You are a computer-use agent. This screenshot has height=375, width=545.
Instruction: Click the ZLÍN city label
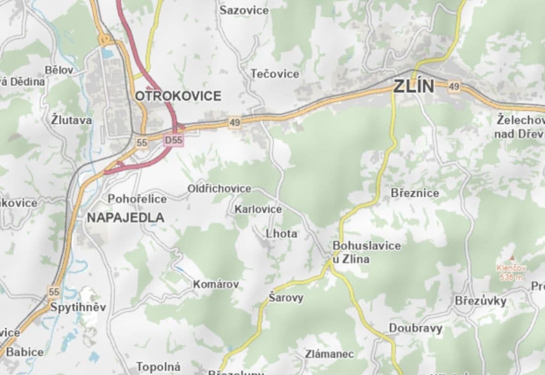point(414,86)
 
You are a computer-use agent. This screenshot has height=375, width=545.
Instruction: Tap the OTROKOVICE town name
point(178,96)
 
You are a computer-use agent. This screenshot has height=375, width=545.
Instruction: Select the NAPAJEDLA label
point(125,217)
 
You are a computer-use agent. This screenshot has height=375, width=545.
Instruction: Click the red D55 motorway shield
point(173,140)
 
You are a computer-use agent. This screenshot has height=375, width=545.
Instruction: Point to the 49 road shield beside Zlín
point(453,87)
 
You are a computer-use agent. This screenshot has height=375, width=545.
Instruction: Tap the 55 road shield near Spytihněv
point(54,292)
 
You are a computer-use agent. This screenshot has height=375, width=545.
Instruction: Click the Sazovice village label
point(244,10)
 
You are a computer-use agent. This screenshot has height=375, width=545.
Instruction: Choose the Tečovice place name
point(274,74)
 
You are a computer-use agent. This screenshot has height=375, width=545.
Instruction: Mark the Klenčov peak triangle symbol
point(512,258)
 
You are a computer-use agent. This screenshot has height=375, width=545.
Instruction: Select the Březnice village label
point(415,193)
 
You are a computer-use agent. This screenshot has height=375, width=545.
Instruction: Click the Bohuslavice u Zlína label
point(360,252)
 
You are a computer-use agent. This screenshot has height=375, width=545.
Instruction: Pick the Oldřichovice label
point(219,188)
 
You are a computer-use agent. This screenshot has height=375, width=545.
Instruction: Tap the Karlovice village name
point(258,209)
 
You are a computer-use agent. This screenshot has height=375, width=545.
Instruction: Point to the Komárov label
point(216,284)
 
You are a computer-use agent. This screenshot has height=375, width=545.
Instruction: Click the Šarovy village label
point(286,298)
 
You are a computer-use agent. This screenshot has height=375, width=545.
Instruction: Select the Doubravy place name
point(415,328)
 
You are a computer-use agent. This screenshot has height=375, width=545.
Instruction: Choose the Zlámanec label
point(329,354)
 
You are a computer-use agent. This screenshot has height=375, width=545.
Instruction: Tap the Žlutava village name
point(71,120)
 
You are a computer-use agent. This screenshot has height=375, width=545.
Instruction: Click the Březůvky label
point(480,301)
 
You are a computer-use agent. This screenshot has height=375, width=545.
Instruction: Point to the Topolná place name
point(158,367)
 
